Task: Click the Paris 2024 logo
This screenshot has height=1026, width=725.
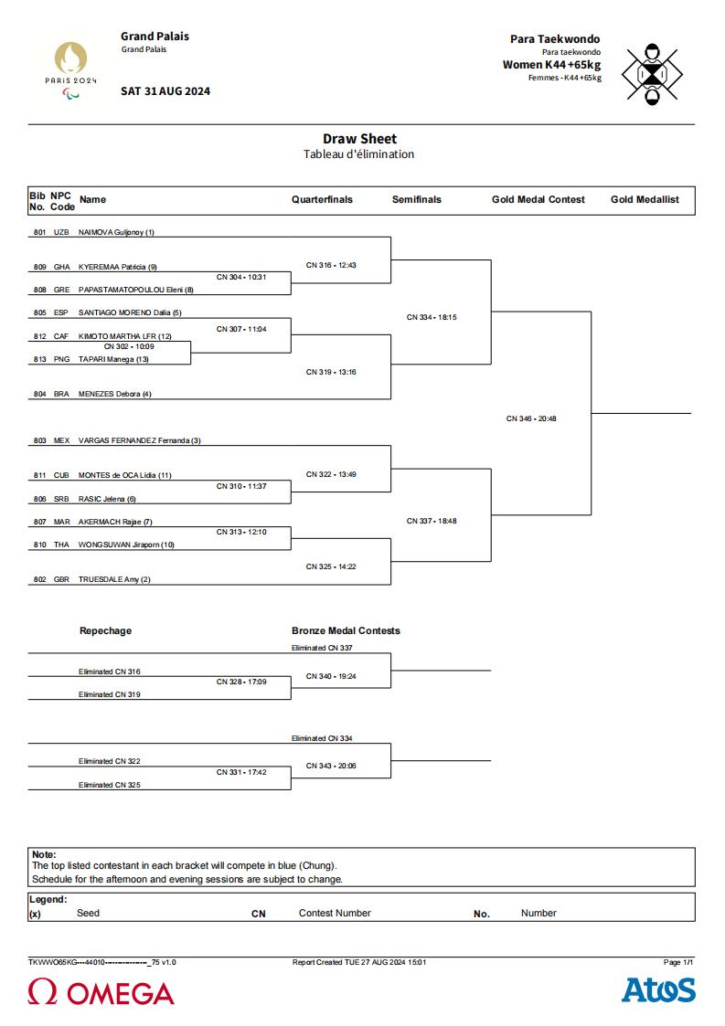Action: click(x=70, y=70)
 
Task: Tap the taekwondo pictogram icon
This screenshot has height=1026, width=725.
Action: click(x=652, y=74)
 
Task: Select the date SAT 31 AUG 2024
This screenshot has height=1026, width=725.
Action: click(x=165, y=91)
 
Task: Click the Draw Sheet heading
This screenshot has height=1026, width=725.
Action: click(x=359, y=139)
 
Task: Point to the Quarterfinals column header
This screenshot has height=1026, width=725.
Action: click(x=322, y=199)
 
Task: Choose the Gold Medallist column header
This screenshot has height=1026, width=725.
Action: click(x=645, y=199)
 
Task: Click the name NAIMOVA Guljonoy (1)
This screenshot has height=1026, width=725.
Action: click(x=116, y=232)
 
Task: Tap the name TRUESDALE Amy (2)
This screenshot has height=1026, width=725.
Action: click(x=114, y=580)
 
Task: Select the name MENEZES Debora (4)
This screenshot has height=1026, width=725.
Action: click(x=114, y=394)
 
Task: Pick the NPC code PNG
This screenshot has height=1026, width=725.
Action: click(x=61, y=359)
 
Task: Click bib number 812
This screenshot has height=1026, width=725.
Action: click(x=40, y=336)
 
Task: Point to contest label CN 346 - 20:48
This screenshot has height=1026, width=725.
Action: click(x=531, y=418)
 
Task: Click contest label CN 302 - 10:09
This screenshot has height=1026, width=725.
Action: click(x=129, y=347)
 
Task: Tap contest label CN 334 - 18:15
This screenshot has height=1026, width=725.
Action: click(x=432, y=317)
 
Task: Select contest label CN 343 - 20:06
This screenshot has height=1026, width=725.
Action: click(x=331, y=766)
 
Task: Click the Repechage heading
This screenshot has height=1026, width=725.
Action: click(x=105, y=630)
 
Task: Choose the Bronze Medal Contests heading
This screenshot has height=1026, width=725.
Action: click(x=346, y=630)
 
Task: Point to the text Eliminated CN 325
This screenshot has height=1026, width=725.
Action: click(x=110, y=785)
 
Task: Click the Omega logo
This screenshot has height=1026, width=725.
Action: click(x=101, y=992)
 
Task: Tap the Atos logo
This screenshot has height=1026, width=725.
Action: click(x=658, y=990)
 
